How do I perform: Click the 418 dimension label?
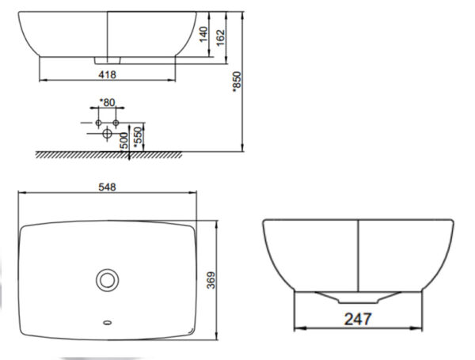tap(108, 74)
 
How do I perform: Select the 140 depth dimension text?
tap(202, 35)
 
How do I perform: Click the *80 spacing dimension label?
tap(107, 102)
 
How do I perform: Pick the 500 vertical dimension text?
tap(123, 140)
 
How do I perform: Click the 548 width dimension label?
tap(108, 188)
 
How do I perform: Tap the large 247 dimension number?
tap(357, 319)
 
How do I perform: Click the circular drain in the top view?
tap(106, 279)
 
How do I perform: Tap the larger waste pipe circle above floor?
tap(107, 134)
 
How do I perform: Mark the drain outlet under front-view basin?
tap(107, 59)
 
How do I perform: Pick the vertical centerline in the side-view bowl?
tap(358, 253)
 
